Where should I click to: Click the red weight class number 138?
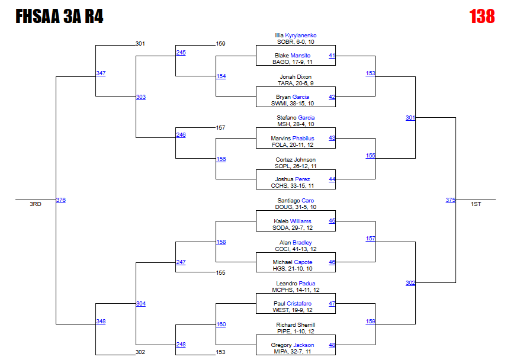[482, 17]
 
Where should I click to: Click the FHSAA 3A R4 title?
[59, 17]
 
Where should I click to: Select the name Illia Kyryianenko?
[296, 36]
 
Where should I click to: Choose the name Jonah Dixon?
[296, 77]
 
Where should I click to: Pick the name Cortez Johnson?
[296, 160]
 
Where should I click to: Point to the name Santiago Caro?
[296, 201]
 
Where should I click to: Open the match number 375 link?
[451, 200]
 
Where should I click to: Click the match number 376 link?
[60, 200]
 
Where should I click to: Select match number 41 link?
[332, 56]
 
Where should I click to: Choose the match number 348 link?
[101, 322]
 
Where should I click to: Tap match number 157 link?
[370, 239]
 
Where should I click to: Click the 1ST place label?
[476, 204]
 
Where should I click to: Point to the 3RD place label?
[36, 204]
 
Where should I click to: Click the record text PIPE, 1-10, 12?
[296, 332]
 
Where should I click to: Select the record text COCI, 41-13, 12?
[296, 249]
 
